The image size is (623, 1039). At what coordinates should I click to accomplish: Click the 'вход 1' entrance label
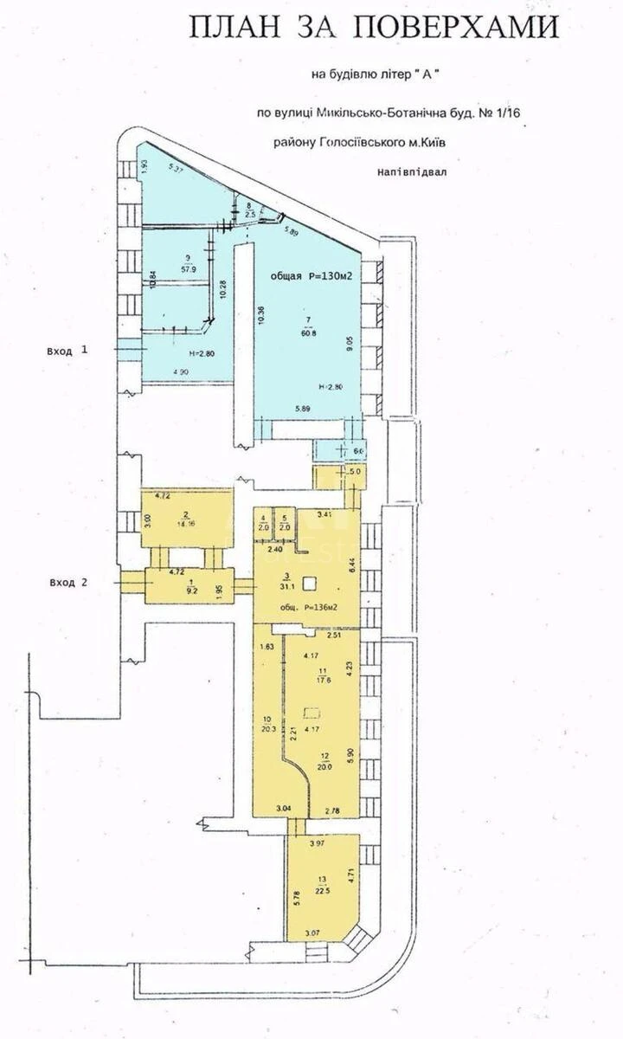point(67,351)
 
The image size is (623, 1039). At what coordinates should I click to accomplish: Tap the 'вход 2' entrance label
point(67,582)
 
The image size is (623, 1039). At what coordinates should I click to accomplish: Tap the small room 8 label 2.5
point(250,209)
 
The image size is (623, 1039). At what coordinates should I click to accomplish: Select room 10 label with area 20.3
point(267,723)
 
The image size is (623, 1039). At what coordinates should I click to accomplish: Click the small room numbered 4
point(264,524)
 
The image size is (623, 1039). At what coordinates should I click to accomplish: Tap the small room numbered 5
point(286,524)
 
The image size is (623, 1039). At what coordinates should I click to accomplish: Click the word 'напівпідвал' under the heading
point(413,172)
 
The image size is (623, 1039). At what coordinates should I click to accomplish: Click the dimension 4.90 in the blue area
point(181,372)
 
